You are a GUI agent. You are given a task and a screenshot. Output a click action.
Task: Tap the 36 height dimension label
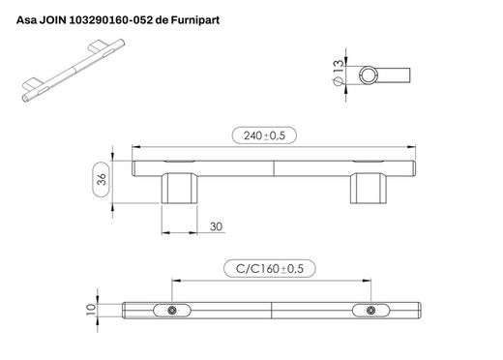[x=102, y=178]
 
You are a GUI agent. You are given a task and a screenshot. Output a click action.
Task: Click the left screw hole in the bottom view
[x=171, y=310]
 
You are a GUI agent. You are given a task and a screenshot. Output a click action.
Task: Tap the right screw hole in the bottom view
[x=371, y=310]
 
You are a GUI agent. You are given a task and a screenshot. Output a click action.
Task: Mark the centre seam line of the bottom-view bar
[x=274, y=310]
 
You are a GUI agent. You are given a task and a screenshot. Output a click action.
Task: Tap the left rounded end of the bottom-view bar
[x=129, y=310]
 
